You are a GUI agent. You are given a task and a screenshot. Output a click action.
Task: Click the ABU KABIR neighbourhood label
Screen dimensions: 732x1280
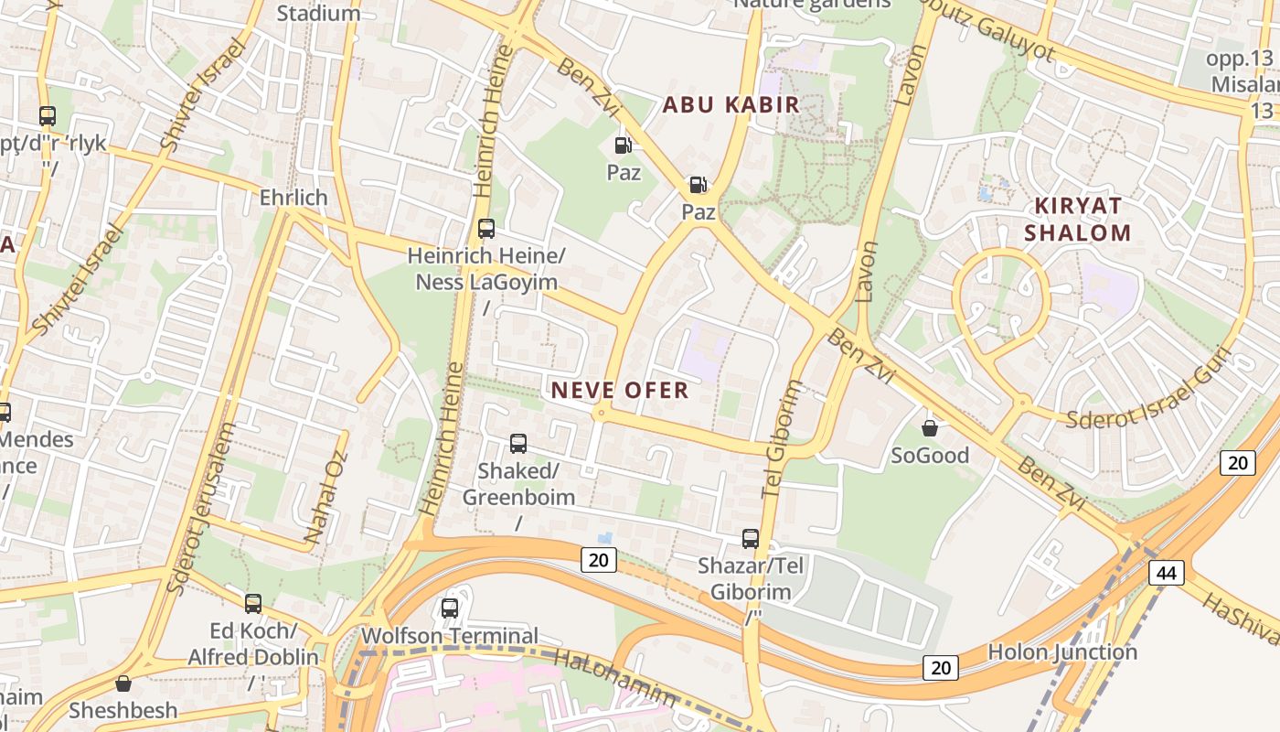click(731, 104)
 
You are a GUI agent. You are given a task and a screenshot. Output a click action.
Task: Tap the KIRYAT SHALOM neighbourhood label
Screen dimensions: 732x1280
click(1077, 219)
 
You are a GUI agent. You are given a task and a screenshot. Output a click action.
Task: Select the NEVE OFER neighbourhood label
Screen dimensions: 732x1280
click(619, 391)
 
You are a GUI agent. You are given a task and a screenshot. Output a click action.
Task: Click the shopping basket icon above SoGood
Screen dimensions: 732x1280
click(930, 428)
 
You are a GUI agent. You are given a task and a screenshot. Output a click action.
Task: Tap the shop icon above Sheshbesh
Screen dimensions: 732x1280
click(123, 684)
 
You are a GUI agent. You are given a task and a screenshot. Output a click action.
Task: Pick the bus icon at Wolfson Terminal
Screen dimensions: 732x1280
click(450, 608)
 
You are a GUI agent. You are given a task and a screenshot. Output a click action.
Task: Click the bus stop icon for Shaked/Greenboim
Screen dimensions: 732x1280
click(518, 444)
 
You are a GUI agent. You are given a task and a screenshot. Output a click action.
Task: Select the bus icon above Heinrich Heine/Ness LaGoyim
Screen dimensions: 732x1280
click(486, 229)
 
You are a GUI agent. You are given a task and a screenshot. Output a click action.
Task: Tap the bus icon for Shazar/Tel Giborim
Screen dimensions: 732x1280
click(751, 539)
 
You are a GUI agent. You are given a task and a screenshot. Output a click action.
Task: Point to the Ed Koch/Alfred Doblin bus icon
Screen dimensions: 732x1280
click(253, 604)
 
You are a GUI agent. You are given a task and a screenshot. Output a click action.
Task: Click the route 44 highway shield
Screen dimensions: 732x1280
click(1166, 574)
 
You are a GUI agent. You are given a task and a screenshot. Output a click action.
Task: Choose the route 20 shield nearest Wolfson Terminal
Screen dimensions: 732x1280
click(598, 560)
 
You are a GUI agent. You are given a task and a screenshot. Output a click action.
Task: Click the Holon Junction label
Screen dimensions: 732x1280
click(1062, 652)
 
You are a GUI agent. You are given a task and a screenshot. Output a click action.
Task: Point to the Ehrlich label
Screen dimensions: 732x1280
click(293, 198)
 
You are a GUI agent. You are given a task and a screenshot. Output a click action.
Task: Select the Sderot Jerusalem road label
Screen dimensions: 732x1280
click(202, 508)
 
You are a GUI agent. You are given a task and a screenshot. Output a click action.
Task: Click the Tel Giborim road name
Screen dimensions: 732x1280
click(782, 439)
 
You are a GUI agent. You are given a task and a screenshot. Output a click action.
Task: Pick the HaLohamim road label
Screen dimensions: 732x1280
click(615, 678)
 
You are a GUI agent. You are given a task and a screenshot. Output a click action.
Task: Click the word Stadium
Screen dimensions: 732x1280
click(318, 13)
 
